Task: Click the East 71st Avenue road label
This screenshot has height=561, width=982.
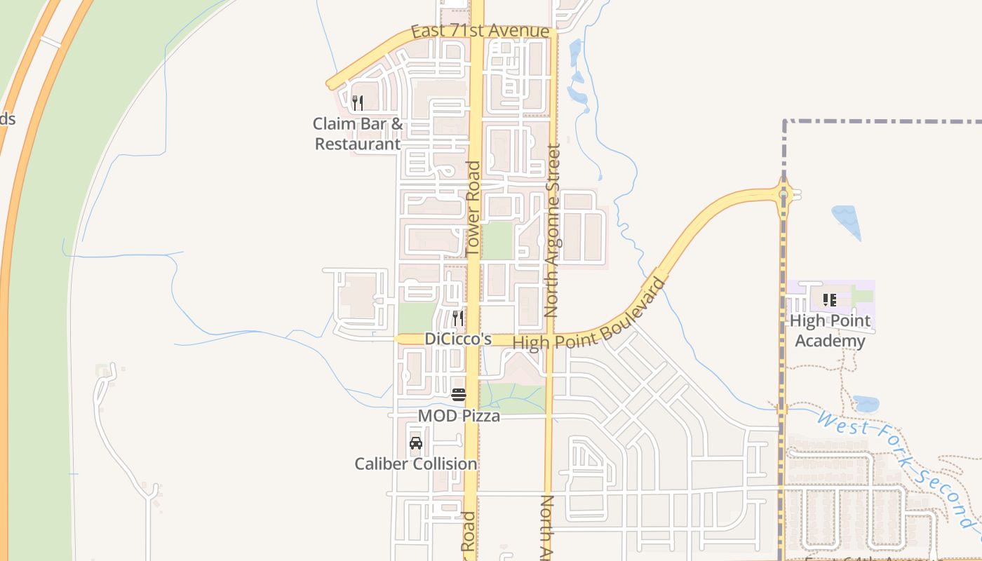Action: (480, 32)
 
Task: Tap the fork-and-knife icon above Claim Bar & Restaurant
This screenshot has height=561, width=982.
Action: (358, 103)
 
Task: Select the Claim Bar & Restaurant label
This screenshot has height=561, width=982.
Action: (358, 134)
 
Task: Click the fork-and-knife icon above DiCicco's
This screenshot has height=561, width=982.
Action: (457, 318)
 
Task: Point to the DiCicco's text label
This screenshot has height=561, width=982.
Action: (457, 339)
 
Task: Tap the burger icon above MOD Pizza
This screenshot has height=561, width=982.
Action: (459, 395)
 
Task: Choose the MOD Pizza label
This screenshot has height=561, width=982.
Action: (459, 416)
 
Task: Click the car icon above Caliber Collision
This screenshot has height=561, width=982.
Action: (416, 443)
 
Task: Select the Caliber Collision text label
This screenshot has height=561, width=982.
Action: (416, 464)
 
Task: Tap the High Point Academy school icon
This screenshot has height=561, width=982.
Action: (830, 300)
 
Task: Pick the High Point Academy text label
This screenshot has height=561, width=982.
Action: (830, 331)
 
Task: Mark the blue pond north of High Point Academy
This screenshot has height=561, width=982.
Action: (847, 221)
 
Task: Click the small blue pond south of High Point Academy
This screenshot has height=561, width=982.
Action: (866, 404)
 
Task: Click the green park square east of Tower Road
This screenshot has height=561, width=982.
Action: (497, 241)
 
